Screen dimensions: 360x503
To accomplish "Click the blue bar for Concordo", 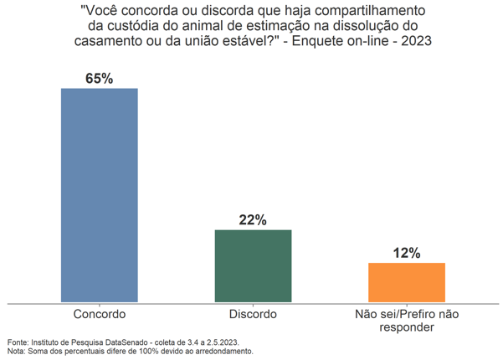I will point(99,194).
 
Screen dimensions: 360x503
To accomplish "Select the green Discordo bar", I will point(253,265).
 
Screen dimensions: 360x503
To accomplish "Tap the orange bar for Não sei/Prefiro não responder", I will point(407,282).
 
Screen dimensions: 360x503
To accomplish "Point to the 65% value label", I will point(99,78).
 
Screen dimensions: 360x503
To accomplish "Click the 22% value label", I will point(253,220).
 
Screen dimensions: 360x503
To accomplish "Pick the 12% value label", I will point(407,253).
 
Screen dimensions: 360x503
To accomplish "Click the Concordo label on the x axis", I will point(99,315).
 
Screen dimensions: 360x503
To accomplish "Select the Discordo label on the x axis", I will point(253,315).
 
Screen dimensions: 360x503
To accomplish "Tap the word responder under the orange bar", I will point(407,328).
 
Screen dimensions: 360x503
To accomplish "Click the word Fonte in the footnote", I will point(17,342).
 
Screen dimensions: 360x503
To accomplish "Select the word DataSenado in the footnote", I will point(126,342).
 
